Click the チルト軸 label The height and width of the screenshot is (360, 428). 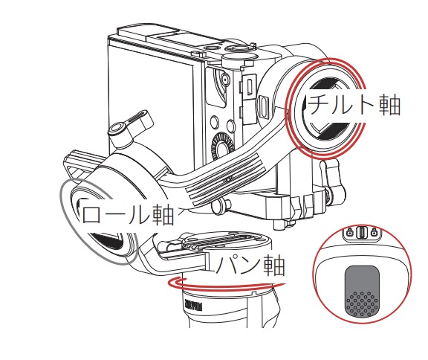pyautogui.click(x=354, y=105)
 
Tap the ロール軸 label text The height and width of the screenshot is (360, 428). pyautogui.click(x=128, y=215)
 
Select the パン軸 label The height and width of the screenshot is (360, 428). pyautogui.click(x=250, y=266)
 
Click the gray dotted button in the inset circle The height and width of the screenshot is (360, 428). pyautogui.click(x=362, y=291)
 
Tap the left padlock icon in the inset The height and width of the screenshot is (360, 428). pyautogui.click(x=349, y=233)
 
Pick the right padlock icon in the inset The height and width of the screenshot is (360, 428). pyautogui.click(x=374, y=233)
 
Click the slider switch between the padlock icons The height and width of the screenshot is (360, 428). pyautogui.click(x=362, y=233)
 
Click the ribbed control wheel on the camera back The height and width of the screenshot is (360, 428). pyautogui.click(x=223, y=147)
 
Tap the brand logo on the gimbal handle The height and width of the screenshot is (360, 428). pyautogui.click(x=193, y=306)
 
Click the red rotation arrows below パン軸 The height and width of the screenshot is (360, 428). pyautogui.click(x=224, y=285)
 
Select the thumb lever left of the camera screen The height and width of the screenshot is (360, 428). pyautogui.click(x=131, y=125)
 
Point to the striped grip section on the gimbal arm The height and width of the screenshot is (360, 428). pyautogui.click(x=224, y=179)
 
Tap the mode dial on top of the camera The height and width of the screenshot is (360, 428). pyautogui.click(x=240, y=57)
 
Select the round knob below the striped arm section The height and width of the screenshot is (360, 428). pyautogui.click(x=221, y=205)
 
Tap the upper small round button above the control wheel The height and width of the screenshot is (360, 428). pyautogui.click(x=215, y=121)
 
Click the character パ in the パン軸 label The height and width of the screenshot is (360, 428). pyautogui.click(x=227, y=266)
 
